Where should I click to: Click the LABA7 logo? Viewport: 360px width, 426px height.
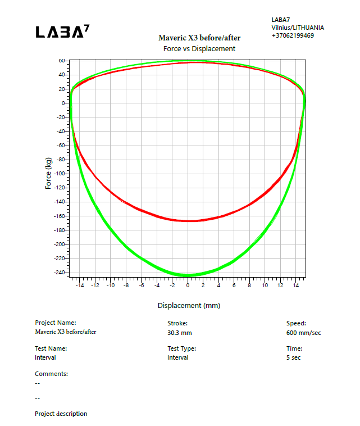coord(62,32)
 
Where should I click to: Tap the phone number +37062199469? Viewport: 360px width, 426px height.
coord(293,35)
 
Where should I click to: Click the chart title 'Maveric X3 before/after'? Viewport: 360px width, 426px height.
coord(199,38)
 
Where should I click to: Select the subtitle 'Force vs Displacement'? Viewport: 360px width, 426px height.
coord(199,49)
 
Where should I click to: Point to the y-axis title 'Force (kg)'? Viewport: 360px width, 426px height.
coord(49,173)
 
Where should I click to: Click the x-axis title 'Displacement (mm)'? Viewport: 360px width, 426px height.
coord(189,305)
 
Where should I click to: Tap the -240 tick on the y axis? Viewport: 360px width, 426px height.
coord(60,273)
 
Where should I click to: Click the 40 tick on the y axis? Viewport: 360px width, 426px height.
coord(63,75)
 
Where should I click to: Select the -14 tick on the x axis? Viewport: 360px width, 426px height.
coord(80,285)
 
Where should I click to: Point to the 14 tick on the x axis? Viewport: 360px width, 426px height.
coord(297,285)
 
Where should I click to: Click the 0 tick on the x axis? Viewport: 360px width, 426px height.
coord(188,285)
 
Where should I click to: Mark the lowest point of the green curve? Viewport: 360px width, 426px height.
coord(185,275)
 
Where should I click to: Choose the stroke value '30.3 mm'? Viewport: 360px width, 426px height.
coord(180,333)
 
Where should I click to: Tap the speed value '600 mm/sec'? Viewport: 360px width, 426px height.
coord(303,333)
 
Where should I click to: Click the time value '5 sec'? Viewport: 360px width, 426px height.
coord(293,357)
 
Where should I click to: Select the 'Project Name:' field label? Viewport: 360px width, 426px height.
coord(55,323)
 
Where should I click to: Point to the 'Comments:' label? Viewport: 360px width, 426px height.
coord(51,374)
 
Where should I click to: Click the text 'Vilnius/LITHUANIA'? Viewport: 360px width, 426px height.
coord(297,28)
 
